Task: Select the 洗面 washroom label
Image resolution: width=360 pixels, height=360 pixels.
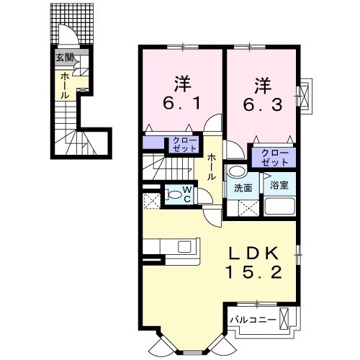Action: click(243, 188)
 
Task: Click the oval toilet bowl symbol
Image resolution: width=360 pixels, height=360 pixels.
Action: click(174, 194)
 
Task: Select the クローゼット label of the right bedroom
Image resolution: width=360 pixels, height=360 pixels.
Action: click(272, 157)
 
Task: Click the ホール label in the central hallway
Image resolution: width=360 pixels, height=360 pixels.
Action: click(214, 168)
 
